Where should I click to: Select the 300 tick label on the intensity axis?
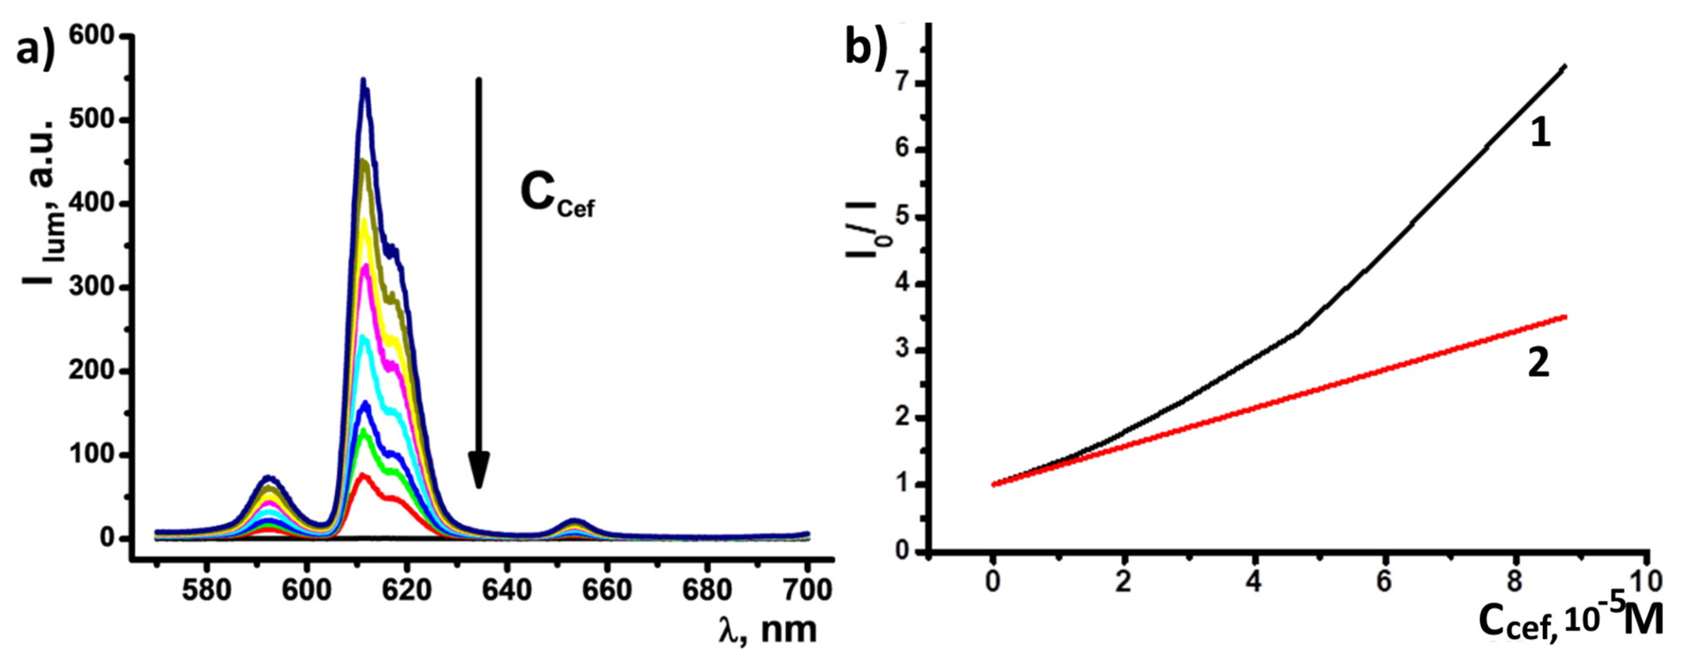[98, 287]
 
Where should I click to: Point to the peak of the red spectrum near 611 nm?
[362, 475]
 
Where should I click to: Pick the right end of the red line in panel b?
[1564, 317]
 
